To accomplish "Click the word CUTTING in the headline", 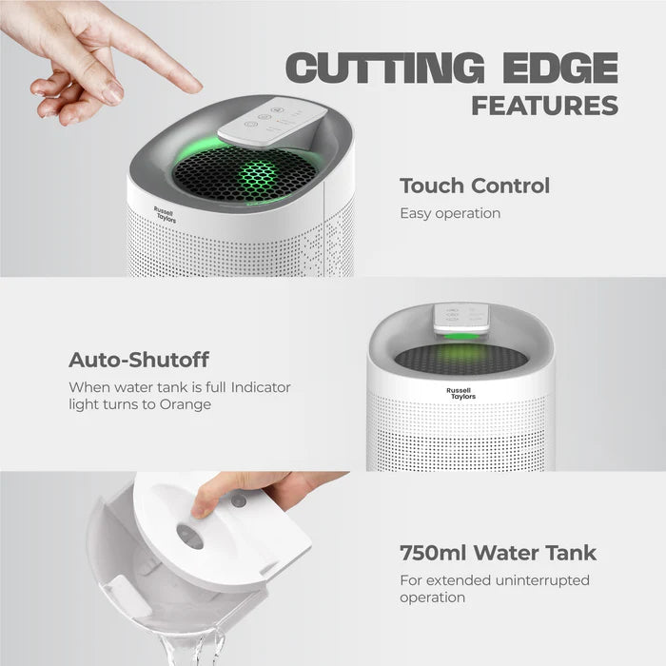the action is click(384, 68).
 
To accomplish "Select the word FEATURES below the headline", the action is click(545, 106).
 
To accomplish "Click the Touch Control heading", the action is click(475, 186).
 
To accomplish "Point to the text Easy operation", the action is click(450, 213).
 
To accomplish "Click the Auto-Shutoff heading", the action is click(139, 360).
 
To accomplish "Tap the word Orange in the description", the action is click(186, 404).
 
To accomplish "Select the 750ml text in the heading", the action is click(433, 553).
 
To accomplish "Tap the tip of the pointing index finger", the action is click(196, 88).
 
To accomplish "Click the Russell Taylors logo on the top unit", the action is click(165, 215).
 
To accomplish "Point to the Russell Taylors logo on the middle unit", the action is click(460, 394).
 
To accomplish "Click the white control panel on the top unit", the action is click(272, 122).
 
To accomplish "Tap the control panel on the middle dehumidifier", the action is click(460, 319).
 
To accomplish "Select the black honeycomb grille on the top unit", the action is click(245, 174).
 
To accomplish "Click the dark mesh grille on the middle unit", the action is click(461, 359).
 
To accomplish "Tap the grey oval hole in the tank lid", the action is click(190, 537).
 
